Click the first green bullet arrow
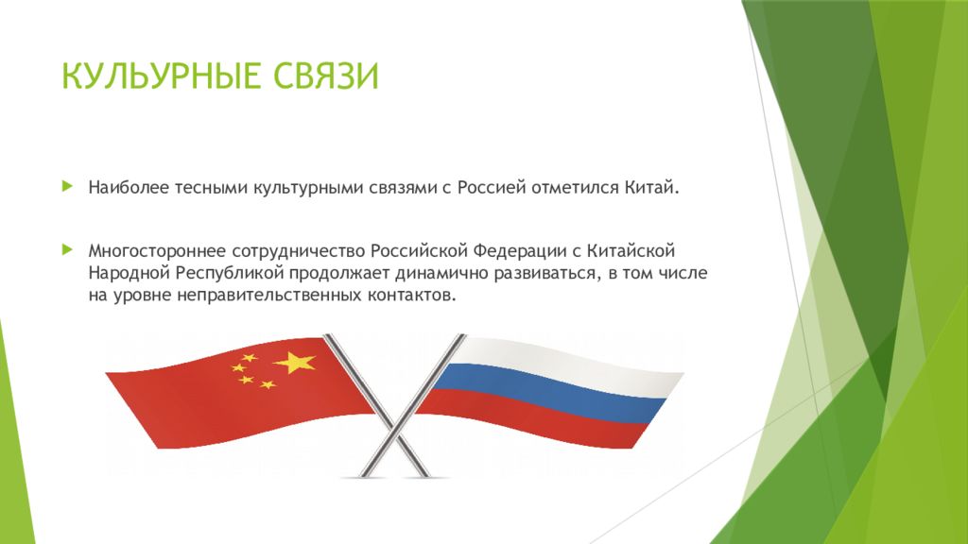[x=66, y=185]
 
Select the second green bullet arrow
[x=66, y=250]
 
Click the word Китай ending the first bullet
[x=650, y=187]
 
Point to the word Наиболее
[x=129, y=187]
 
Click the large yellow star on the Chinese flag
[x=295, y=362]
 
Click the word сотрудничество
[x=294, y=252]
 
